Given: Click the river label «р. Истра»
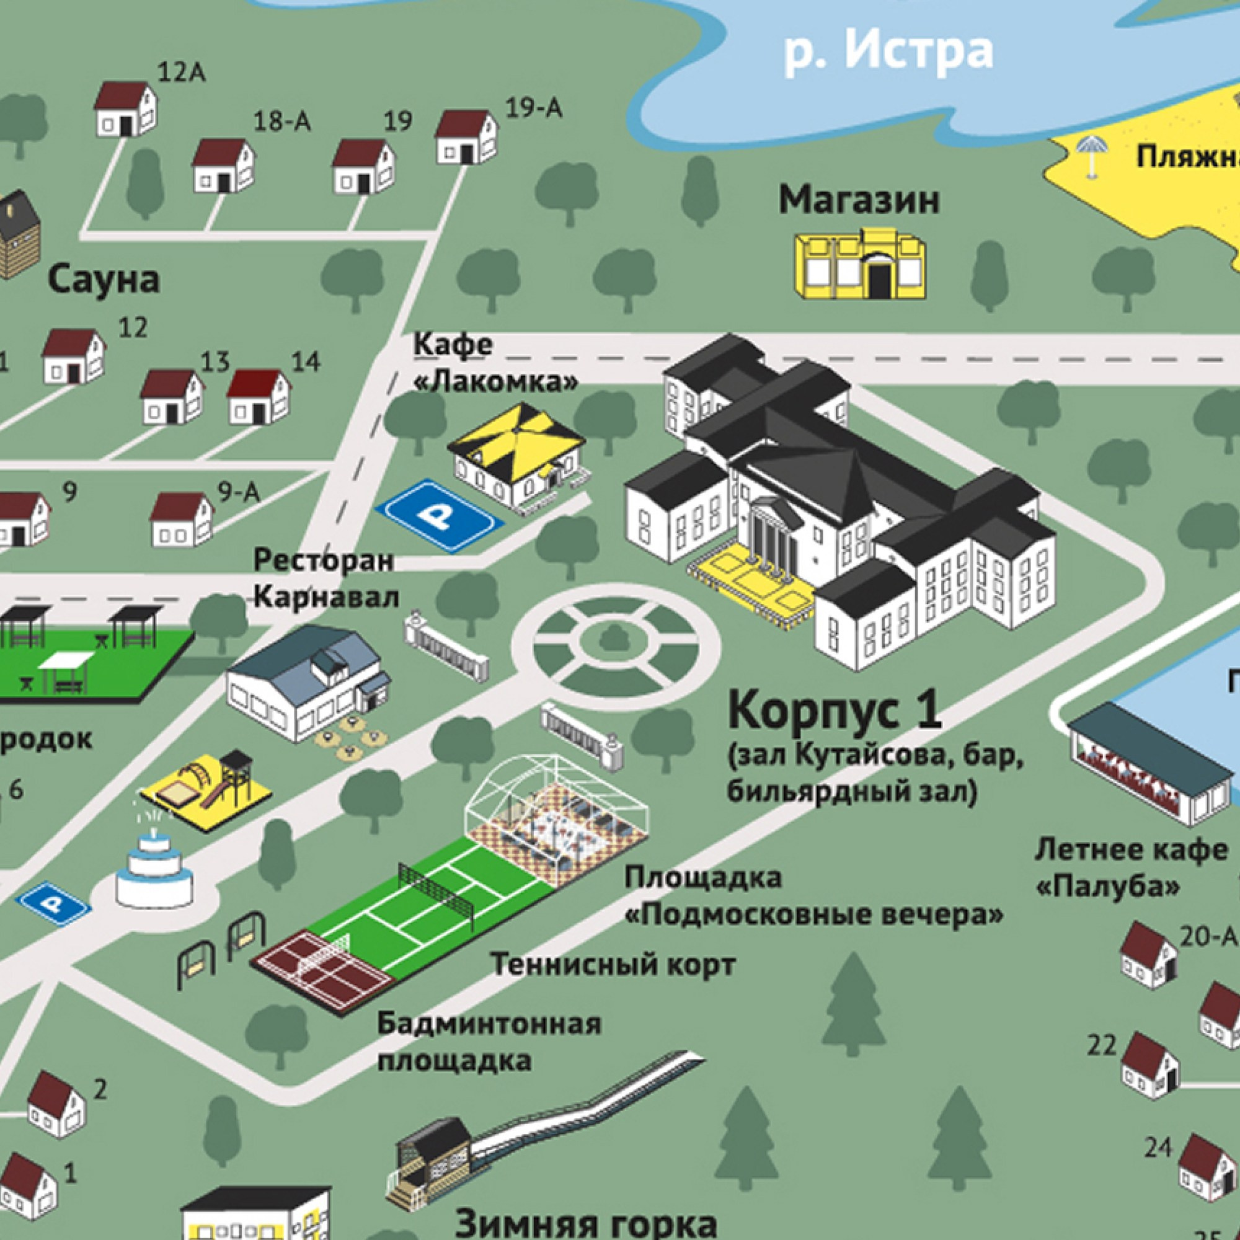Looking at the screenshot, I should click(889, 51).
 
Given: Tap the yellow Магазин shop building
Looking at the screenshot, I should click(861, 266).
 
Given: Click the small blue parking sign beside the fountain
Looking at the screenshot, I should click(53, 904).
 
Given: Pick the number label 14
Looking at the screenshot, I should click(306, 362).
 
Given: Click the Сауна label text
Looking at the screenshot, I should click(104, 280).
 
